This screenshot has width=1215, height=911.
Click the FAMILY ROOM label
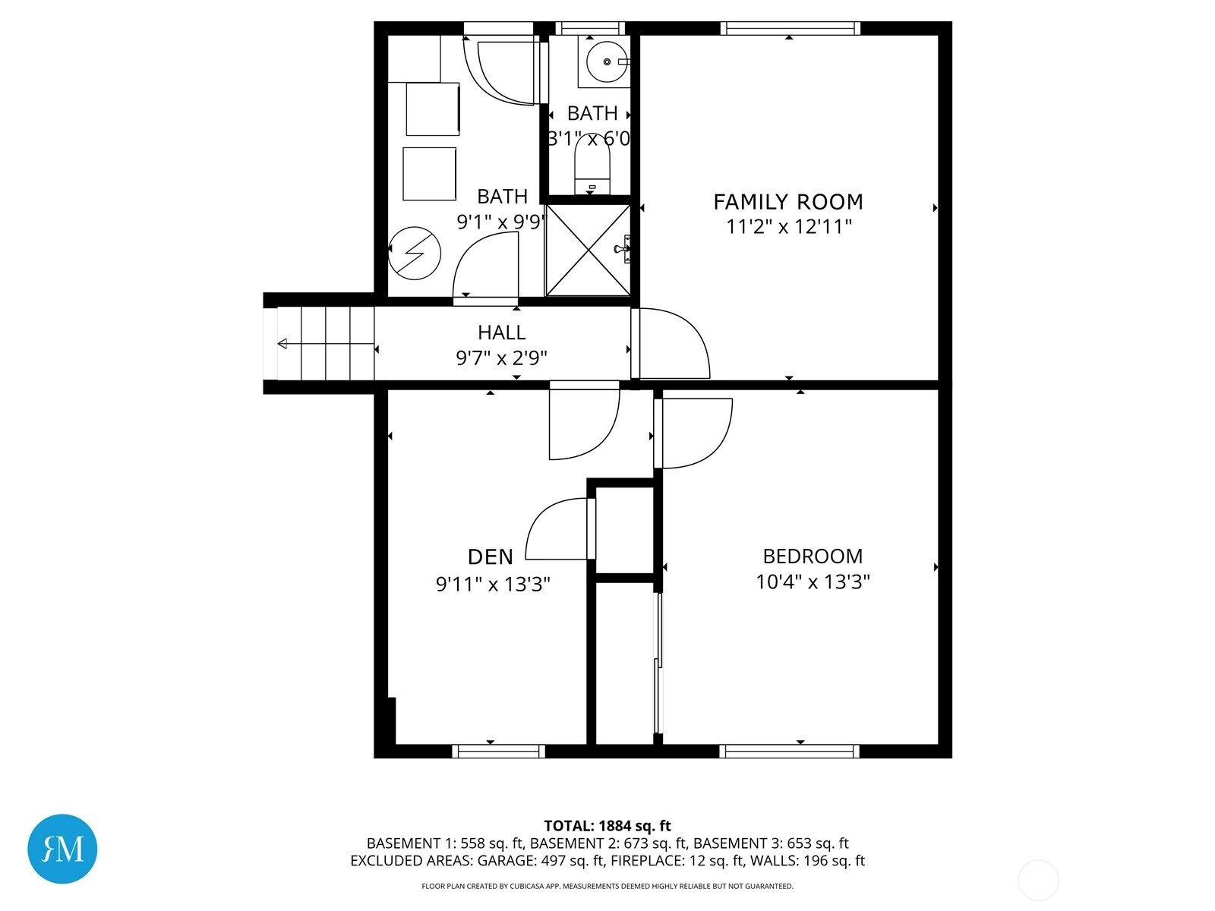coord(787,202)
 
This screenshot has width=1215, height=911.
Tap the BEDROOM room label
coord(813,556)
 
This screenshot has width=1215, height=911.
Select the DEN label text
coord(491,557)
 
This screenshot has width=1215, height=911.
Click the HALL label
coord(501,333)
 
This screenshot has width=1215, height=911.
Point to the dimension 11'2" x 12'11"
coord(788,226)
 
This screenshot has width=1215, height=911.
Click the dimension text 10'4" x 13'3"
coord(813,582)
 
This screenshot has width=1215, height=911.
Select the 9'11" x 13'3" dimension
coord(493,584)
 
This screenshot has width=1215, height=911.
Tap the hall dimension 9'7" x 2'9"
coord(501,358)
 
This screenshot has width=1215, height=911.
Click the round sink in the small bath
coord(607,61)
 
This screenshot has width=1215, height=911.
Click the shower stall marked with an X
coord(588,250)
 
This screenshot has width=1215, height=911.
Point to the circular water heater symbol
coord(415,254)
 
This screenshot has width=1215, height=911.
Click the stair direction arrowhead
coord(282,344)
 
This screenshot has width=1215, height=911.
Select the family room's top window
coord(791,28)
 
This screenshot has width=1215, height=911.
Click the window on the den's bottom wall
coord(499,751)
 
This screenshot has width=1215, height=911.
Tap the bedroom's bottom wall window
coord(789,751)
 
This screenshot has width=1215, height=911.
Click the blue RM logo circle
coord(62,849)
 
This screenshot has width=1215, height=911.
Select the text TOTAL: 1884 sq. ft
coord(607,826)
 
